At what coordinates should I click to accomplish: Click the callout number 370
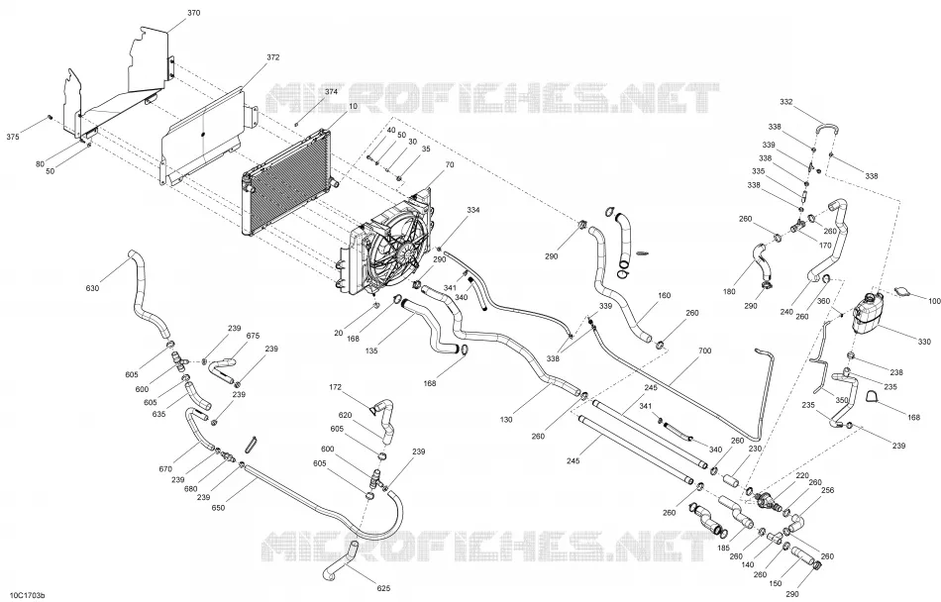[194, 13]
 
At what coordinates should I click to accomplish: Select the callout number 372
[273, 57]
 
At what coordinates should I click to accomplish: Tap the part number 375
[13, 137]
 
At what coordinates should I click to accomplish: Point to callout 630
[92, 288]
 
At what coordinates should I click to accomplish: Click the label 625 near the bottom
[384, 588]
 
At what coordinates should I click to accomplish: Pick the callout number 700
[704, 351]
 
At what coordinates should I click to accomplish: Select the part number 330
[924, 342]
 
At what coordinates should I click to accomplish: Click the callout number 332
[786, 102]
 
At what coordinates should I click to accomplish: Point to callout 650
[219, 508]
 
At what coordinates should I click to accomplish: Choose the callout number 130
[506, 420]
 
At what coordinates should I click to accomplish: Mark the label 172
[336, 387]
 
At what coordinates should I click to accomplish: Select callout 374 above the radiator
[331, 92]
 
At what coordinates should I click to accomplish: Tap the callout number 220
[802, 475]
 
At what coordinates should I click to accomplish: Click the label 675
[253, 336]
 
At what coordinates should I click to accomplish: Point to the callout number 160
[665, 295]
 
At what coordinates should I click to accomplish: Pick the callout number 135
[371, 351]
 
